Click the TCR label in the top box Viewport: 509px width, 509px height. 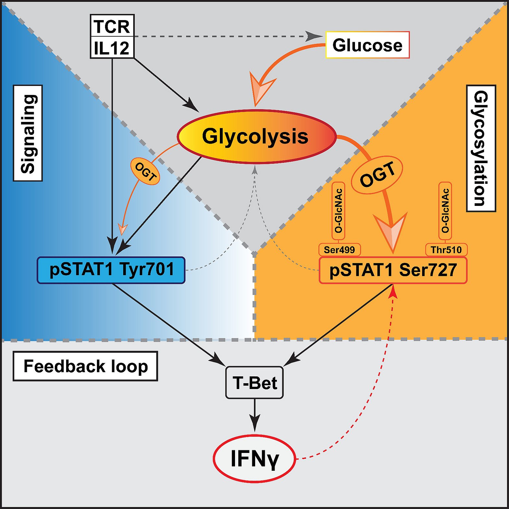112,26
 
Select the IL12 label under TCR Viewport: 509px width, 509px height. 112,48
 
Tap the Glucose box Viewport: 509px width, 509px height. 367,45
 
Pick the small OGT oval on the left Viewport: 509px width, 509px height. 145,171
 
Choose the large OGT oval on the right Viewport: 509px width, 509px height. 377,175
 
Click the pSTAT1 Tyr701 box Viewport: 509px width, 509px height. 111,270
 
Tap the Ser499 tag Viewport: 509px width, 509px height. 339,250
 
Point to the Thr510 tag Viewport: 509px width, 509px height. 446,250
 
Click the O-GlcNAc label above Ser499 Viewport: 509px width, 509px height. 338,211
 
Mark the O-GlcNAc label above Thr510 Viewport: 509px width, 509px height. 445,211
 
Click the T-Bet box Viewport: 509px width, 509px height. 254,383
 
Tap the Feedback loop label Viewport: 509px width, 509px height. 86,366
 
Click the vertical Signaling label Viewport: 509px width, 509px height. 28,133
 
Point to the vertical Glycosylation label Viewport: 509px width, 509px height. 481,148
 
